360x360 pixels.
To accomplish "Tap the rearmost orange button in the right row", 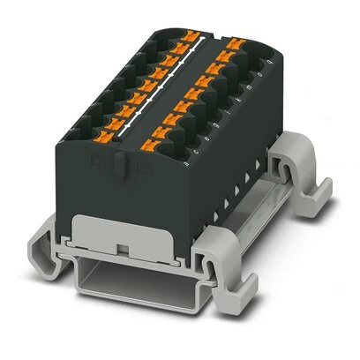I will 234,41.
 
